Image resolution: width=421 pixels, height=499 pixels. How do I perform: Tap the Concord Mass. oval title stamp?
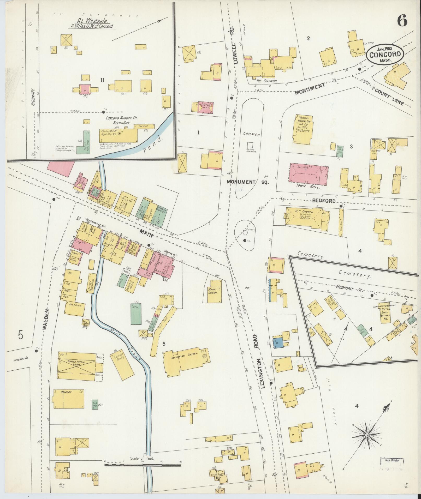pyautogui.click(x=385, y=54)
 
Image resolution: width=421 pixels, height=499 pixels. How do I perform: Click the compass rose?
pyautogui.click(x=367, y=435)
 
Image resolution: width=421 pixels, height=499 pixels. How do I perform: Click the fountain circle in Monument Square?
pyautogui.click(x=245, y=231)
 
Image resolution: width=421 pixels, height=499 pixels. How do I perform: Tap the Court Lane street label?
pyautogui.click(x=389, y=97)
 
